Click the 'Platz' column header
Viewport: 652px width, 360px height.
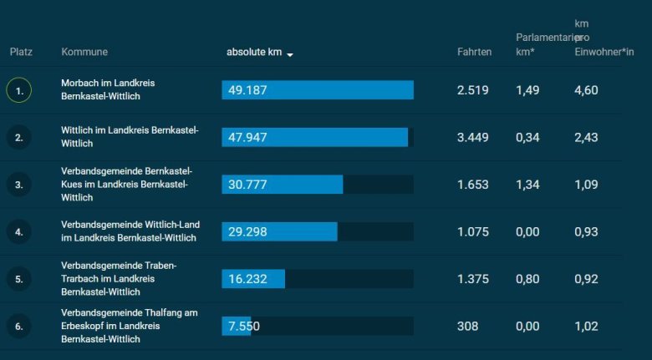pyautogui.click(x=21, y=53)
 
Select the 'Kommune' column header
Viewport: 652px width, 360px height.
pyautogui.click(x=84, y=53)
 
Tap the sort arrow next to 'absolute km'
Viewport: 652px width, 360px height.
pyautogui.click(x=290, y=54)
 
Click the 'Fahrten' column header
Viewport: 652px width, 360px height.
pyautogui.click(x=474, y=53)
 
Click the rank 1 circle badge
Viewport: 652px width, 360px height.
pyautogui.click(x=19, y=90)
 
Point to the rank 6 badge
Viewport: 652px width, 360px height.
pyautogui.click(x=19, y=326)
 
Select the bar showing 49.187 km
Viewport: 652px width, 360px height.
pyautogui.click(x=318, y=90)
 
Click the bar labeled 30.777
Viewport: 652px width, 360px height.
pyautogui.click(x=283, y=185)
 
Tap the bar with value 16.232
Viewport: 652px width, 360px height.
pyautogui.click(x=253, y=279)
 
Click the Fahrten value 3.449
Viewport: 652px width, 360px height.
pyautogui.click(x=473, y=137)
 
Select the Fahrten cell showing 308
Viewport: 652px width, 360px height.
pyautogui.click(x=467, y=326)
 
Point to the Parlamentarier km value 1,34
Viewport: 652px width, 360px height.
pyautogui.click(x=527, y=185)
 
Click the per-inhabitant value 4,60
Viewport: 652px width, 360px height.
pyautogui.click(x=586, y=90)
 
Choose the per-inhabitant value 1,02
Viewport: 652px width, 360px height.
pyautogui.click(x=586, y=326)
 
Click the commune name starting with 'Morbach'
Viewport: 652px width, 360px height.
pyautogui.click(x=108, y=90)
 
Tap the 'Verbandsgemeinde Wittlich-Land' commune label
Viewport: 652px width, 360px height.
pyautogui.click(x=130, y=231)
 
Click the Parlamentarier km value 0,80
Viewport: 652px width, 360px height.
pyautogui.click(x=527, y=279)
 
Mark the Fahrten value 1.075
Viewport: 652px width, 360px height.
pyautogui.click(x=473, y=231)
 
